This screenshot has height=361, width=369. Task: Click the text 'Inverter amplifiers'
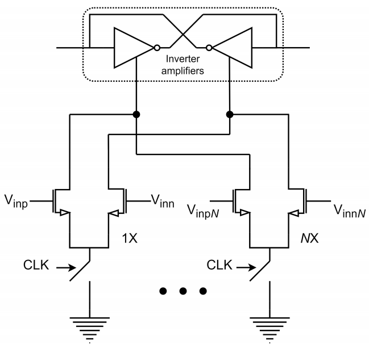tap(183, 66)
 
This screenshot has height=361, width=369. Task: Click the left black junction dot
tap(137, 115)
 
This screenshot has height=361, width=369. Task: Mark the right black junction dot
tap(230, 115)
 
